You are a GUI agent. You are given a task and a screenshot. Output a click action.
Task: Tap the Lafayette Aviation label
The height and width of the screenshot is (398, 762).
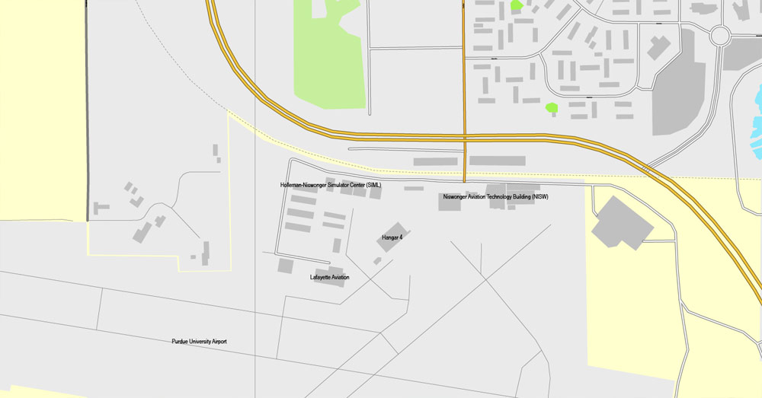click(330, 277)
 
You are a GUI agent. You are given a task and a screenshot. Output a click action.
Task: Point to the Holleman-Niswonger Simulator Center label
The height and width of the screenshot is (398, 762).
click(331, 185)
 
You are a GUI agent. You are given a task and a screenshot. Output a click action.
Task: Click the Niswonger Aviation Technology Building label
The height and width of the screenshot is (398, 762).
click(495, 196)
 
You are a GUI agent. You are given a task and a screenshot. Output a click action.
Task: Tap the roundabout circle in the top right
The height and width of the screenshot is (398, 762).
click(719, 34)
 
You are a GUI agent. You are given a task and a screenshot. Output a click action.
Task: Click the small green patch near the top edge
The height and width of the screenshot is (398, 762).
click(517, 5)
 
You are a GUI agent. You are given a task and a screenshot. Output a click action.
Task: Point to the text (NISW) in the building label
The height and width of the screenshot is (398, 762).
click(539, 196)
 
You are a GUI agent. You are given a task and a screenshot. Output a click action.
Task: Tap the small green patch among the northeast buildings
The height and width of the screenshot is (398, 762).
click(552, 108)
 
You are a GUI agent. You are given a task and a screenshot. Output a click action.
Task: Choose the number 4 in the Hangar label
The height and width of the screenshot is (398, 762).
click(400, 237)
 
